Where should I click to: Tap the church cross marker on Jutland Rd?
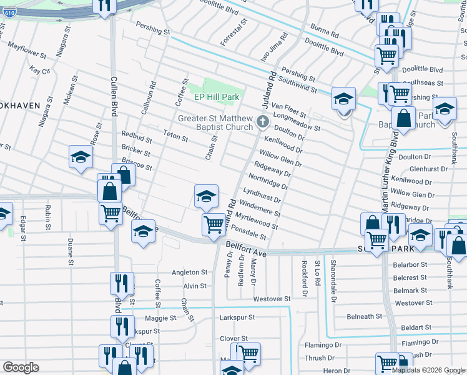[263, 120]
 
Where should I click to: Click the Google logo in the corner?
[21, 367]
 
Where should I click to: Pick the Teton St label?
[175, 138]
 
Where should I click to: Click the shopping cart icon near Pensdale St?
[214, 224]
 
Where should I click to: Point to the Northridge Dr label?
[268, 182]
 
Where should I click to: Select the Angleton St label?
[190, 272]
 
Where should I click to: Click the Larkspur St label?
[238, 317]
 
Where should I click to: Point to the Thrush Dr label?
[320, 358]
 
